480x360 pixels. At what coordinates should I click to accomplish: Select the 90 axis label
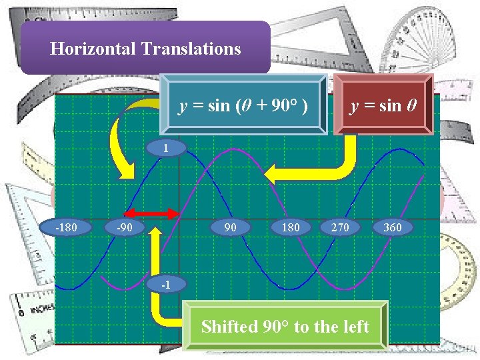click(x=231, y=227)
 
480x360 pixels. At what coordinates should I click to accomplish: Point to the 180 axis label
click(x=291, y=227)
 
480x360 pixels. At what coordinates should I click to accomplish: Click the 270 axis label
click(x=340, y=227)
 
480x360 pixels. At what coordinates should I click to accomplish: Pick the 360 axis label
click(x=393, y=227)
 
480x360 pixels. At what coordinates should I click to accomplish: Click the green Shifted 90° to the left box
click(x=285, y=326)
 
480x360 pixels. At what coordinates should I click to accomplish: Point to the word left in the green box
click(x=355, y=326)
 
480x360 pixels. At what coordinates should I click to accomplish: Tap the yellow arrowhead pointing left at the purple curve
click(x=274, y=175)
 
